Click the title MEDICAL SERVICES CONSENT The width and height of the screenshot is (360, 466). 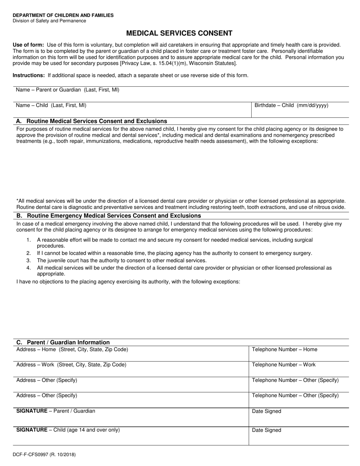coord(179,33)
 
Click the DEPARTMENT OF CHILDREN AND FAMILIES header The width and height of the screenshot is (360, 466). coord(63,15)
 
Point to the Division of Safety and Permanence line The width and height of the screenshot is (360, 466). coord(49,21)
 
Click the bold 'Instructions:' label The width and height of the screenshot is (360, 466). coord(29,75)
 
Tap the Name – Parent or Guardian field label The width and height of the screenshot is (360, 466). coord(67,90)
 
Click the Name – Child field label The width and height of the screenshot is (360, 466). coord(51,105)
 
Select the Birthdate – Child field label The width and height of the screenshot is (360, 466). coord(291,105)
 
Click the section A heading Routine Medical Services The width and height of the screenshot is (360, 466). coord(91,121)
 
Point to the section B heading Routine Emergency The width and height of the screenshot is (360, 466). coord(108,216)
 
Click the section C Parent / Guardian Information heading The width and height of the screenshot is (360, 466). coord(63,342)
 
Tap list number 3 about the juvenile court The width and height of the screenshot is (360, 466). coord(121,260)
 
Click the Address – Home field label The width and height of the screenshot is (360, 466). coord(72,349)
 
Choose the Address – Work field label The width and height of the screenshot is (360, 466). coord(72,364)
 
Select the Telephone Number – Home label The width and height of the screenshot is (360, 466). coord(285,349)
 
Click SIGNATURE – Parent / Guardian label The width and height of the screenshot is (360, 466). coord(56,411)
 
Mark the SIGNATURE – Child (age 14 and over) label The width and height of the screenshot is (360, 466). coord(68,430)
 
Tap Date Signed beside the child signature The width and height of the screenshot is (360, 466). coord(266,430)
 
